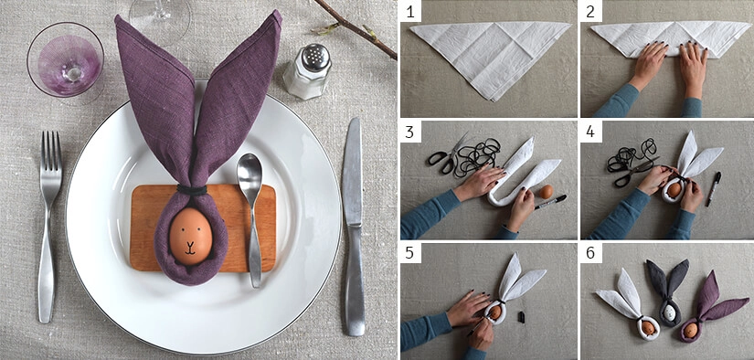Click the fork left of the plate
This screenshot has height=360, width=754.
click(x=49, y=226)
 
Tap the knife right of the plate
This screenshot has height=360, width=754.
click(x=354, y=226)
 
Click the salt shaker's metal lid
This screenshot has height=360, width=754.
click(x=315, y=58)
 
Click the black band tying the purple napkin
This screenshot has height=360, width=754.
click(x=191, y=190)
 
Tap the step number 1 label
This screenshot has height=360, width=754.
click(x=410, y=12)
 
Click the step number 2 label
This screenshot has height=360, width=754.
click(x=590, y=12)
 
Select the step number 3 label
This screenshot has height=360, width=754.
click(x=410, y=132)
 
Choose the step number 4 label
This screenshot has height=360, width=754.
click(x=590, y=132)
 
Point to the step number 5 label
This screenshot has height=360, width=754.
click(x=410, y=253)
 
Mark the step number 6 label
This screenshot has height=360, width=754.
click(x=590, y=253)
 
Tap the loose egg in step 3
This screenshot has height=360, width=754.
click(x=546, y=192)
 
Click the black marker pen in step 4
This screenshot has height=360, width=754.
click(x=713, y=189)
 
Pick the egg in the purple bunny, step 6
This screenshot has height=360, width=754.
click(x=691, y=330)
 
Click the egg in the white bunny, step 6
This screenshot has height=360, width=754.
click(x=648, y=328)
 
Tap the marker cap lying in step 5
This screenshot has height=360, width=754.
click(x=522, y=316)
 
